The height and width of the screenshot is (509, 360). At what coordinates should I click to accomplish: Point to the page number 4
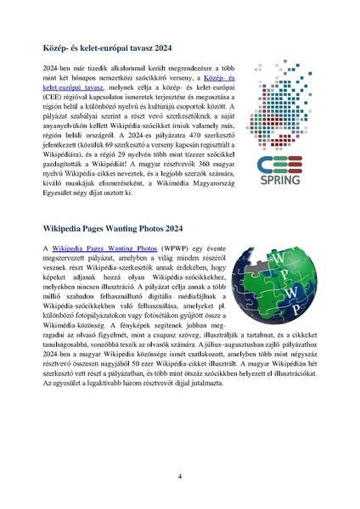pyautogui.click(x=179, y=476)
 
